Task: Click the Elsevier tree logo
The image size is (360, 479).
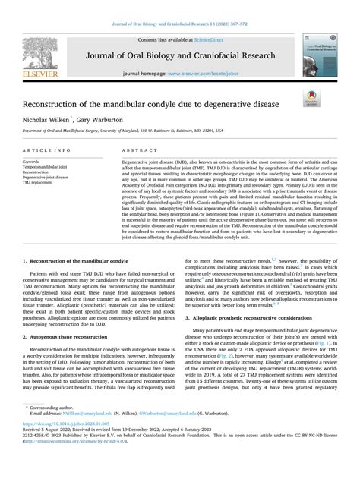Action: click(30, 51)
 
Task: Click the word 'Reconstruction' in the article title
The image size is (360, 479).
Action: click(54, 102)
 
